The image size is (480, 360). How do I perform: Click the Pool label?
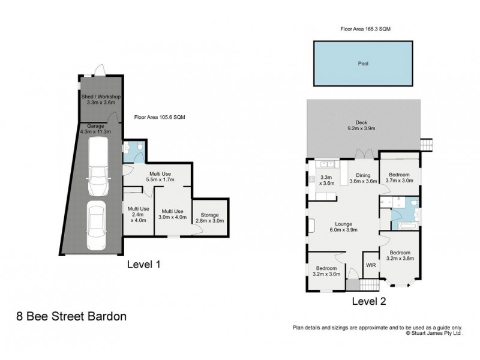pyautogui.click(x=362, y=62)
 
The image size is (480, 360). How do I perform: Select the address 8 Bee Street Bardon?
pyautogui.click(x=71, y=316)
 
